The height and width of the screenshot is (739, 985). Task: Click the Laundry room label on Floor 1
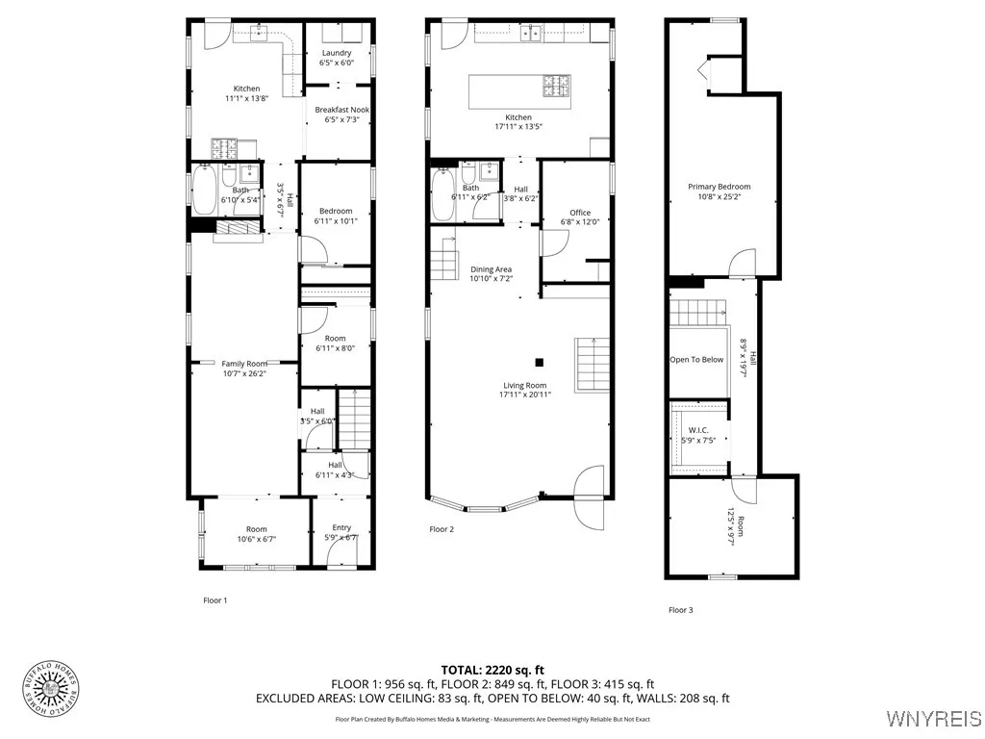click(337, 58)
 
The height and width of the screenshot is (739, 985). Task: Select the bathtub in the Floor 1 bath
click(204, 191)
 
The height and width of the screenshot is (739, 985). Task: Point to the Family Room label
click(243, 369)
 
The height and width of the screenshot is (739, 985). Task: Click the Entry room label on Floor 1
click(341, 532)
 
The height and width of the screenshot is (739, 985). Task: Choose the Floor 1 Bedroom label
click(336, 216)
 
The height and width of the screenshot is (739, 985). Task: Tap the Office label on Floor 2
click(579, 217)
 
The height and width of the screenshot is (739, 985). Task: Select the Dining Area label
click(491, 274)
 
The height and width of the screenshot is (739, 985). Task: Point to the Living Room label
click(522, 390)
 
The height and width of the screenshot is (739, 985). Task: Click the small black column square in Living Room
click(540, 363)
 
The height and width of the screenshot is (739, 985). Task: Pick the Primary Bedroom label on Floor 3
click(719, 191)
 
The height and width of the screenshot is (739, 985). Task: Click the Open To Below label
click(696, 360)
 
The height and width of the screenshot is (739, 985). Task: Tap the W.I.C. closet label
click(698, 435)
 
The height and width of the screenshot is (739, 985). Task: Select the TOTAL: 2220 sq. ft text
click(492, 670)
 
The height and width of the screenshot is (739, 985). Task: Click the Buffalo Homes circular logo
click(49, 689)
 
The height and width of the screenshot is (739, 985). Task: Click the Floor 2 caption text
click(442, 529)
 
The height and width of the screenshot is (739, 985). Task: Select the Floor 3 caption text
click(681, 610)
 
